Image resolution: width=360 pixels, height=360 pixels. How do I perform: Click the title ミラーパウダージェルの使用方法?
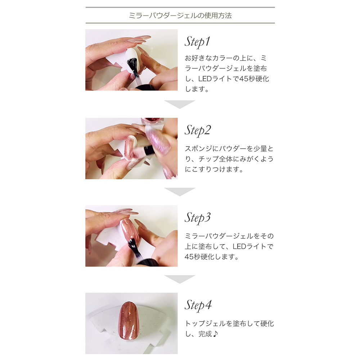point(180,15)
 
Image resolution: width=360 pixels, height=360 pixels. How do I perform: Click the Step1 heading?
point(197,42)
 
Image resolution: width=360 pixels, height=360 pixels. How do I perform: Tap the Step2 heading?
point(198,130)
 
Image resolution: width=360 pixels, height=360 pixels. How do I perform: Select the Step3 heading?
point(198,217)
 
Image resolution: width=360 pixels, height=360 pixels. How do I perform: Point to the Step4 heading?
point(198,305)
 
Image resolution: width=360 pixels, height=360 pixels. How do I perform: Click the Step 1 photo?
point(131,60)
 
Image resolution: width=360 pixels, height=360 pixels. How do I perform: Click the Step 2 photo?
point(131,148)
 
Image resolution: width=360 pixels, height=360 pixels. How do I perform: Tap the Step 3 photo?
point(131,236)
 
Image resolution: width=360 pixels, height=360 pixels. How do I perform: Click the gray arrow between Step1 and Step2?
point(180,104)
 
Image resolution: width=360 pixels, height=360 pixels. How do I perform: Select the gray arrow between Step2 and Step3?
point(180,192)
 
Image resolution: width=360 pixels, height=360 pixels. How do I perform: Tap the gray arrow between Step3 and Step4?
point(180,279)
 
